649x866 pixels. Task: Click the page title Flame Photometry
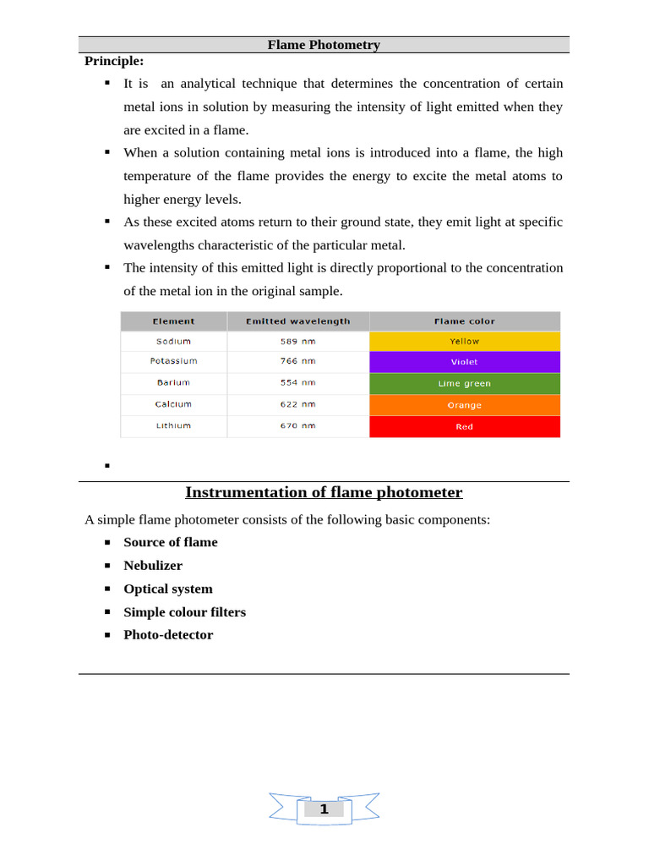click(x=324, y=45)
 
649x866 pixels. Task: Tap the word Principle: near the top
click(x=114, y=61)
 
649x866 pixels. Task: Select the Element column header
click(x=173, y=321)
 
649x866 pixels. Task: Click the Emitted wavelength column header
click(x=297, y=321)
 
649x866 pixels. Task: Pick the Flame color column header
click(x=464, y=321)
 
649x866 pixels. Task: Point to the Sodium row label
click(x=173, y=342)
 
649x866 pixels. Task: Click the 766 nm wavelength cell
click(x=297, y=361)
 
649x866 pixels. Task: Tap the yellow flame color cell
click(x=464, y=342)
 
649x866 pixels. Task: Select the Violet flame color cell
click(x=464, y=362)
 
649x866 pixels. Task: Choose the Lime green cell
click(x=464, y=384)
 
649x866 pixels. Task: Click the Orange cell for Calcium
click(x=464, y=405)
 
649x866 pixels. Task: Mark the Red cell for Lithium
click(x=464, y=427)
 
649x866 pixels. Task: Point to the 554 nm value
click(x=297, y=383)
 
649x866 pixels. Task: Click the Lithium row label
click(x=173, y=426)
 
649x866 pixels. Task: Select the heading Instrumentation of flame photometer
click(x=324, y=492)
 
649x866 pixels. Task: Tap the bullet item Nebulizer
click(x=153, y=566)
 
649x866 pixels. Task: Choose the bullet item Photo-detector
click(x=168, y=635)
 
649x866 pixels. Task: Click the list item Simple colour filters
click(x=184, y=612)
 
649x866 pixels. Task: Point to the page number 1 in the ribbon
click(x=324, y=809)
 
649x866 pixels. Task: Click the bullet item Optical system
click(x=168, y=589)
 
